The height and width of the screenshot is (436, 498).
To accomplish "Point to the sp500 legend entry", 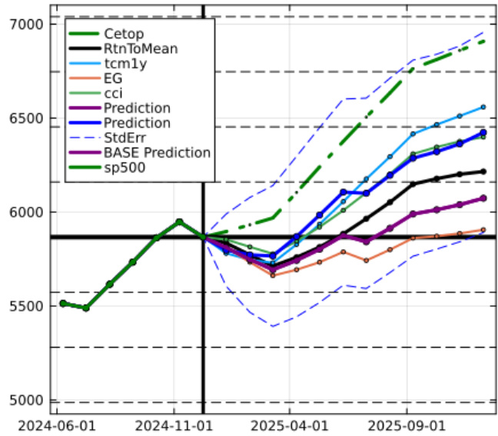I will point(123,167).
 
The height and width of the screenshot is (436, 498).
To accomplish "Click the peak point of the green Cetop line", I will point(178,221).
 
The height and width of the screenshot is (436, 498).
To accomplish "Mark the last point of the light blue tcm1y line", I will point(483,107).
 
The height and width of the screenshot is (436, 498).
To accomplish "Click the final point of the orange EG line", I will point(483,229).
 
